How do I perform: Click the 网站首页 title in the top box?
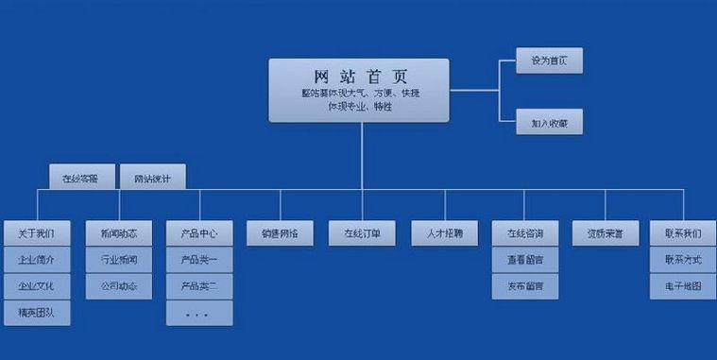pos(359,76)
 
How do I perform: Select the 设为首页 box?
pos(549,60)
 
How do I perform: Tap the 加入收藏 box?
pos(549,122)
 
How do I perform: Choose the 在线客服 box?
pos(82,177)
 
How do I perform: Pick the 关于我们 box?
pos(37,232)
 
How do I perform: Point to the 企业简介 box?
pos(37,259)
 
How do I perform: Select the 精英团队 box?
pos(37,312)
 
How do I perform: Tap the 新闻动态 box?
pos(118,232)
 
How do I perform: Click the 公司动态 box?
pos(118,285)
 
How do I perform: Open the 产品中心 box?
pos(199,232)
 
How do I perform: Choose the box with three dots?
pos(199,313)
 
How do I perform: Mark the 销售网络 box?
pos(281,232)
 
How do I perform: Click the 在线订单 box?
pos(362,232)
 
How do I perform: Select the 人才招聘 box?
pos(443,232)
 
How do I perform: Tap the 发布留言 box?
pos(524,285)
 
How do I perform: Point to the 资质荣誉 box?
pos(606,232)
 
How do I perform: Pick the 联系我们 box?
pos(683,232)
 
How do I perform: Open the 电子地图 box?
pos(683,285)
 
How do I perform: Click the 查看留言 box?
pos(524,259)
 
